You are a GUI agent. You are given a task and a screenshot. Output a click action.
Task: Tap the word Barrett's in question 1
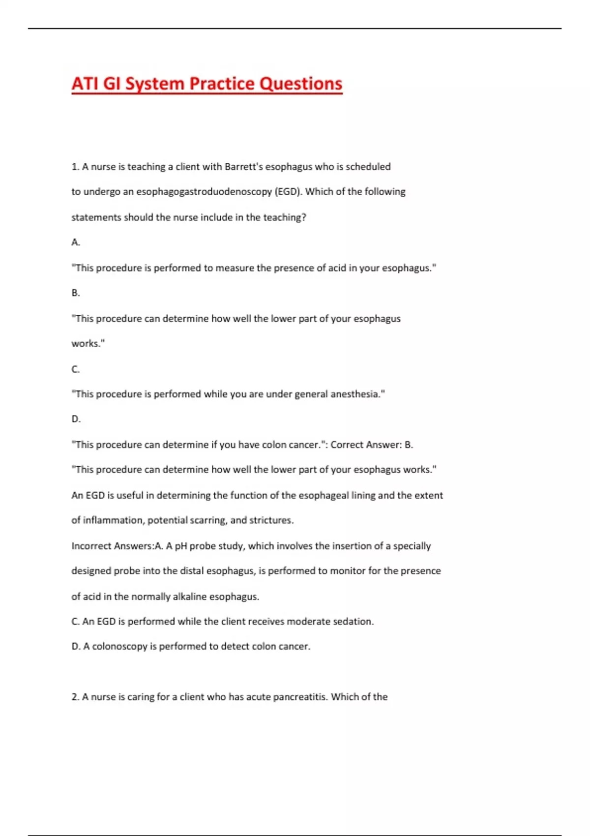[245, 167]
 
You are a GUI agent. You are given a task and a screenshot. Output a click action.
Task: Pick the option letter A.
[75, 242]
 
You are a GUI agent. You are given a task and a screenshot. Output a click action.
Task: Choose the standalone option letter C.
[75, 369]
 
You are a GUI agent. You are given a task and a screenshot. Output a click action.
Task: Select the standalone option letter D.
[76, 419]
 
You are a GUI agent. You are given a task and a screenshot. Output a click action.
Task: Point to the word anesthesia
[357, 394]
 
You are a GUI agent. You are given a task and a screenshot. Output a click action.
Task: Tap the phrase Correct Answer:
[365, 445]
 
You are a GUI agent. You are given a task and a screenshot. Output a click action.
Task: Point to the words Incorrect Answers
[112, 546]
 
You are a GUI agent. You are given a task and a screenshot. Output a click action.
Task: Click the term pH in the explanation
[180, 546]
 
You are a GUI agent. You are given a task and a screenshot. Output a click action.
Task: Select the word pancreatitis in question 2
[300, 697]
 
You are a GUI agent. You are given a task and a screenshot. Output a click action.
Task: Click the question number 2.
[75, 697]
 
